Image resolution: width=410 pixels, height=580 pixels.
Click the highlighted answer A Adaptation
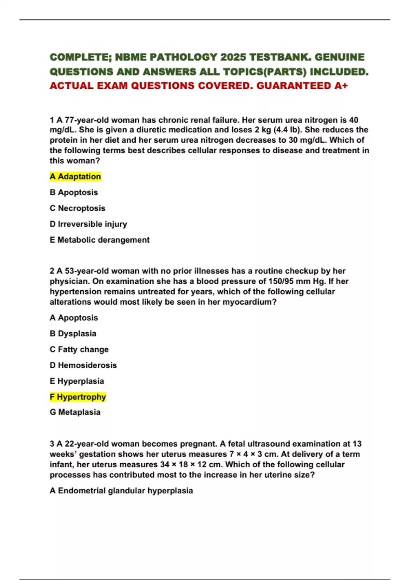(75, 176)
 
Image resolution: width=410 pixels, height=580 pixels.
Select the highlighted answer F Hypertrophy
(78, 397)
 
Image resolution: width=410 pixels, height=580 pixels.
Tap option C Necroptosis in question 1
(78, 208)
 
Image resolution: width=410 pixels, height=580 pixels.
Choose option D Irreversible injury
(88, 224)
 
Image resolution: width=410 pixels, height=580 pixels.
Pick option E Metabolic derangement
(99, 240)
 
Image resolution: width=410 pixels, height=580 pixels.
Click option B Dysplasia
(73, 333)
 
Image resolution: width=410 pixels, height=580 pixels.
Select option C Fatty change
(79, 349)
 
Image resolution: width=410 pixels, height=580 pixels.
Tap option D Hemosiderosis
(83, 365)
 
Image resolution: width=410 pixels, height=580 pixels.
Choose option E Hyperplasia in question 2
(77, 381)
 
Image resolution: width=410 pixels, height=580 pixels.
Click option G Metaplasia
(75, 412)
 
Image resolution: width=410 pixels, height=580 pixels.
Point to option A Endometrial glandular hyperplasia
(121, 491)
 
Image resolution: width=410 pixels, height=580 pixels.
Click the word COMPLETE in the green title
(80, 57)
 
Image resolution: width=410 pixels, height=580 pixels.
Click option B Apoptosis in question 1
(74, 192)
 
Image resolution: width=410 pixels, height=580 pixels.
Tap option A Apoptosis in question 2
(74, 318)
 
